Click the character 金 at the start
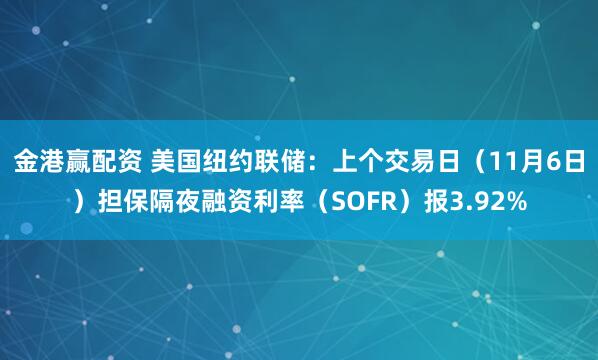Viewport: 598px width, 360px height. click(25, 159)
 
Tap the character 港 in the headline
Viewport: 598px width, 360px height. click(51, 159)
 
